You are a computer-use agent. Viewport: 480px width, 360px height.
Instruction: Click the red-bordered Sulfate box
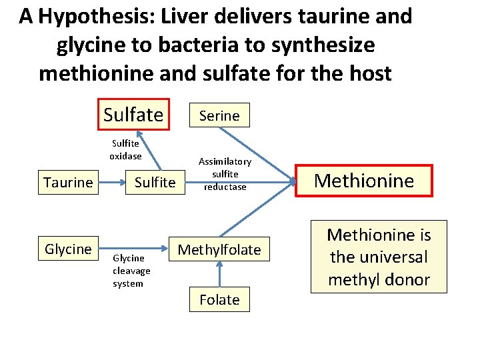pos(133,115)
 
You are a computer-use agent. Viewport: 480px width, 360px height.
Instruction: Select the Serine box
pos(219,115)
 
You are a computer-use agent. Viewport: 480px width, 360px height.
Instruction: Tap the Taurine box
pos(68,182)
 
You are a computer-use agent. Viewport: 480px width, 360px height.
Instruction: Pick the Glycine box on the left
pos(68,249)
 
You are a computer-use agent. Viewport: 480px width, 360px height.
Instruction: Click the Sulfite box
pos(155,182)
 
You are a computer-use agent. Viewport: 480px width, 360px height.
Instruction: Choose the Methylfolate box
pos(219,249)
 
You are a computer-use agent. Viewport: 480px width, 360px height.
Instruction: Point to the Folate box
pos(219,299)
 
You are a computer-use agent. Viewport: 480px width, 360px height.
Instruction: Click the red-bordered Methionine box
pos(364,180)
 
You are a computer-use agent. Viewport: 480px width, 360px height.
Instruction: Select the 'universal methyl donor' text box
pos(379,257)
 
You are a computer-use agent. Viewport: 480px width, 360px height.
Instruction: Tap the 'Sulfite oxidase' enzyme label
pos(126,150)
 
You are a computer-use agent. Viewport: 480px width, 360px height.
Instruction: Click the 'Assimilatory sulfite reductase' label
pos(225,174)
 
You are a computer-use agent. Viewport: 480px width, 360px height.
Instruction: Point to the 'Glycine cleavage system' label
pos(131,271)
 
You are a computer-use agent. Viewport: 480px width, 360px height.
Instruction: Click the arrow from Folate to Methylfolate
pos(219,274)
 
